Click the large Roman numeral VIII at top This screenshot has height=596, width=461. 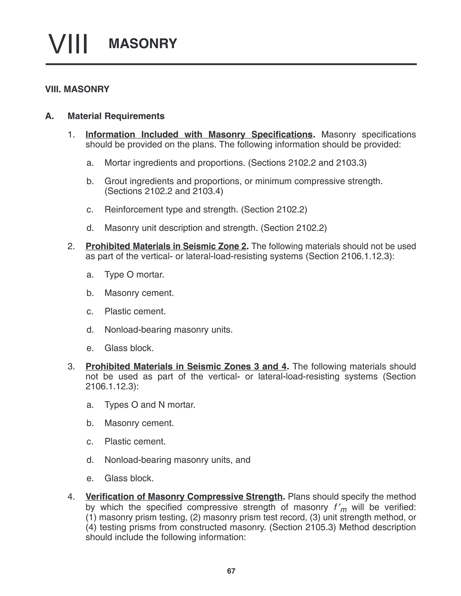pos(68,44)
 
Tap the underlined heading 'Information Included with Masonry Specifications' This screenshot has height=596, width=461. pos(199,134)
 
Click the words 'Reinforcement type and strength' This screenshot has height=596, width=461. pos(172,210)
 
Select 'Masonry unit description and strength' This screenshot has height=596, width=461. pos(181,228)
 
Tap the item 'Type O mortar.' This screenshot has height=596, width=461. pos(134,275)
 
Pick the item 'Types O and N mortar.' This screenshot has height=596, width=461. pos(150,405)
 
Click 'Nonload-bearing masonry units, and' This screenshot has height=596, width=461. pos(177,460)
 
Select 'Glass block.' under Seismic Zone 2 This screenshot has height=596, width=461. pos(129,348)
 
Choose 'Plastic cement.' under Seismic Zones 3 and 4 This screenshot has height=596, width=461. pos(135,441)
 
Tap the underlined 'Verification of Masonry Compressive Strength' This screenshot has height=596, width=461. pos(183,497)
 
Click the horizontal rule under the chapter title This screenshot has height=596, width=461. pos(231,64)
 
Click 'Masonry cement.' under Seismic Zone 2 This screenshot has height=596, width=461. pos(139,293)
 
